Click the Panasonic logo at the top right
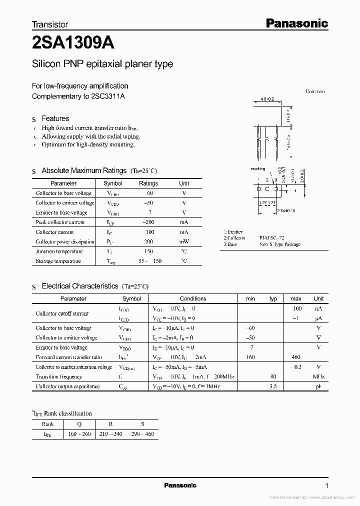point(296,23)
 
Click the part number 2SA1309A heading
point(73,43)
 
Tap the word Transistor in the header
point(50,24)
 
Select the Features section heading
point(55,118)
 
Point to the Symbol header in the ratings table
point(112,183)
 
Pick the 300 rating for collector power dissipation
point(148,241)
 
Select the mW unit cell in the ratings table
point(184,241)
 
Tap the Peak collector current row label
point(60,222)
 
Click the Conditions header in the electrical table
point(193,298)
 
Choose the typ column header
point(273,298)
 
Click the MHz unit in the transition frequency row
point(318,376)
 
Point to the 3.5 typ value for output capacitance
point(273,386)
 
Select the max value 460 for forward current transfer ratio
point(296,357)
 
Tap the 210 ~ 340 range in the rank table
point(111,434)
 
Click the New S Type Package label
point(280,244)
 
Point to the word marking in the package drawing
point(257,169)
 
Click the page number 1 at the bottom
point(326,485)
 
